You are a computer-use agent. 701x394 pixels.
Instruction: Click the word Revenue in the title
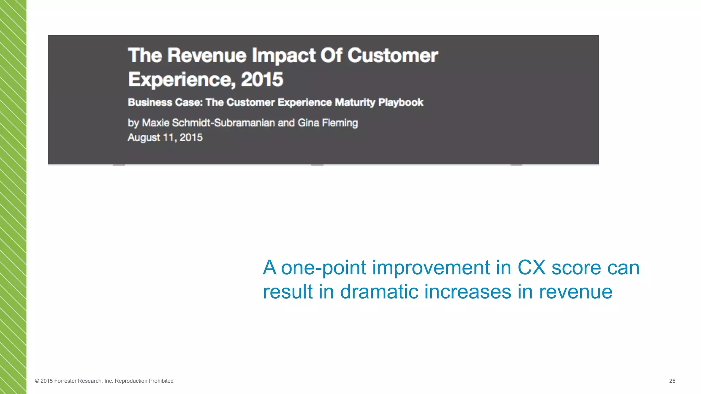(207, 55)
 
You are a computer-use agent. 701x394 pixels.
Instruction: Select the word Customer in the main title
(393, 55)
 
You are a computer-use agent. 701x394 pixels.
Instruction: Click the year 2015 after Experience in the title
(262, 79)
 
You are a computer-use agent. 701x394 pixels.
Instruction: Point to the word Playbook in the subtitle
(401, 102)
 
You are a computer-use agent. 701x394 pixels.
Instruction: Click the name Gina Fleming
(328, 122)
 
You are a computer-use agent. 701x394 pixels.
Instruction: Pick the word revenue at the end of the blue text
(575, 292)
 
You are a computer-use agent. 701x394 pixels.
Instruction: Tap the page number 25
(672, 381)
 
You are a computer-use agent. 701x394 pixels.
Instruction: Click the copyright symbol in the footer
(37, 381)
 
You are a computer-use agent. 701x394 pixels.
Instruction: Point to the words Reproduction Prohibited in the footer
(144, 381)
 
